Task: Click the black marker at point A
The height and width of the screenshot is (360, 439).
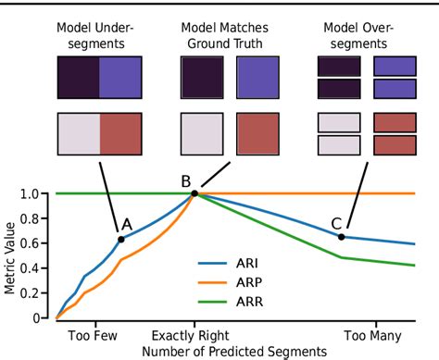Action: tap(120, 240)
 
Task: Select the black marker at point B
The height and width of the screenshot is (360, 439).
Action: tap(194, 193)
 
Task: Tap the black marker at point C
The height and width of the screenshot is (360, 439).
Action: tap(341, 237)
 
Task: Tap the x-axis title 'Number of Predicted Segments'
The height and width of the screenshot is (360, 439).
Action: tap(233, 352)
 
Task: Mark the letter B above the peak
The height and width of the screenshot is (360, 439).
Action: tap(185, 180)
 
